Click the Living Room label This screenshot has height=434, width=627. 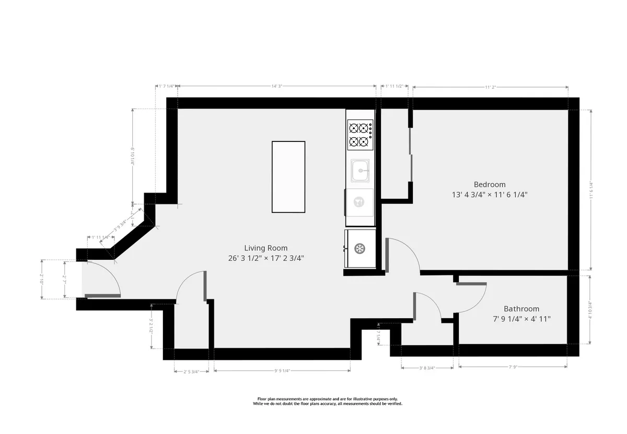click(265, 248)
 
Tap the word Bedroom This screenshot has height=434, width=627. click(490, 184)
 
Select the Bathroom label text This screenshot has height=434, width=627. click(521, 309)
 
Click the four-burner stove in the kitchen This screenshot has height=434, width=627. click(360, 134)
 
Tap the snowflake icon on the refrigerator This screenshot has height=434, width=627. click(359, 249)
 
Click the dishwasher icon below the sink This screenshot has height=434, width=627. click(359, 202)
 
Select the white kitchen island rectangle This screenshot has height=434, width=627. click(288, 177)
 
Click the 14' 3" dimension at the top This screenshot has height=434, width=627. click(277, 87)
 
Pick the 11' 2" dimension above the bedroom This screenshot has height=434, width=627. click(490, 87)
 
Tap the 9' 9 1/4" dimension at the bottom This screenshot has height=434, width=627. click(282, 371)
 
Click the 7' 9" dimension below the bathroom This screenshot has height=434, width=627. click(513, 368)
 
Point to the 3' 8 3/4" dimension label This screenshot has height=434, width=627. click(427, 368)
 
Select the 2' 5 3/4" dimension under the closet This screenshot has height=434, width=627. click(191, 371)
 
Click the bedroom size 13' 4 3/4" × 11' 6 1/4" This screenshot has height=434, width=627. click(490, 195)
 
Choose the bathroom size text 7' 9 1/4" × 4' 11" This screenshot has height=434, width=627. click(521, 319)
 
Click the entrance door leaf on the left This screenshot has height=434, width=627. click(102, 296)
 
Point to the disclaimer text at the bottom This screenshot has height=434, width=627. click(328, 401)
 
